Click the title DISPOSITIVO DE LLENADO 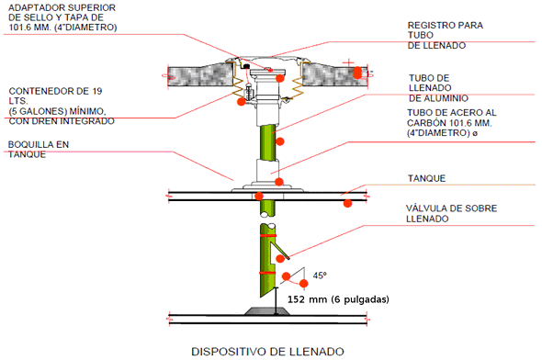tap(267, 352)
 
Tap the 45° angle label tap(320, 276)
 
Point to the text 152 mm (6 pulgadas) tap(338, 299)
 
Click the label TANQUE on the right tap(426, 178)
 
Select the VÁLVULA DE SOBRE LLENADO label tap(451, 213)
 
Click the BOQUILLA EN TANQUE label tap(39, 150)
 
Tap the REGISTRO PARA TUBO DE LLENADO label tap(446, 35)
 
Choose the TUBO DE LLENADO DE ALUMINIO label tap(438, 88)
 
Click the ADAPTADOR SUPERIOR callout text tap(62, 17)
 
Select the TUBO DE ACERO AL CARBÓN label tap(451, 123)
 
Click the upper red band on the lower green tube tap(268, 235)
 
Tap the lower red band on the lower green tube tap(267, 273)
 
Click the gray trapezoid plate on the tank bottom tap(266, 311)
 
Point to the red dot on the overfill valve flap tap(280, 258)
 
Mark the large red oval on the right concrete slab tap(357, 73)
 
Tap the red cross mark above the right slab tap(348, 63)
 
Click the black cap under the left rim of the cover tap(246, 66)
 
